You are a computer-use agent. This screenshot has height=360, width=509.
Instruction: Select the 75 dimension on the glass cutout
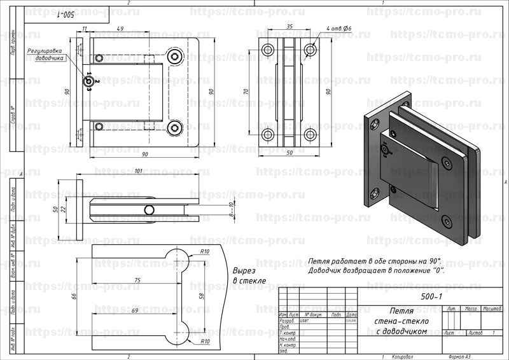(x=137, y=279)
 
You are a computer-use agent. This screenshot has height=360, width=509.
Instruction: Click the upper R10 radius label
(x=205, y=252)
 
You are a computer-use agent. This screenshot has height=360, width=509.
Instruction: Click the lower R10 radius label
(x=205, y=342)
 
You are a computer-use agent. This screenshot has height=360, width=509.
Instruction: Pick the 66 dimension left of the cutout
(x=73, y=297)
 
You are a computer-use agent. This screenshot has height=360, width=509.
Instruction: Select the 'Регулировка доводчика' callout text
(x=45, y=53)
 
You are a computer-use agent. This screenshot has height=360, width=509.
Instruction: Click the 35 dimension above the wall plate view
(x=289, y=27)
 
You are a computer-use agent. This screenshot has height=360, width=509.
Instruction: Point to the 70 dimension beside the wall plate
(x=247, y=92)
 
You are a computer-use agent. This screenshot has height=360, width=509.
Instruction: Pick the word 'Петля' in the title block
(x=401, y=312)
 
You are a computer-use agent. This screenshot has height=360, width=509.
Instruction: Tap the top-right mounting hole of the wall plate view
(x=310, y=49)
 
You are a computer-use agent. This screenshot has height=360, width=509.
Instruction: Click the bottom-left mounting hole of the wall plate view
(x=268, y=134)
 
